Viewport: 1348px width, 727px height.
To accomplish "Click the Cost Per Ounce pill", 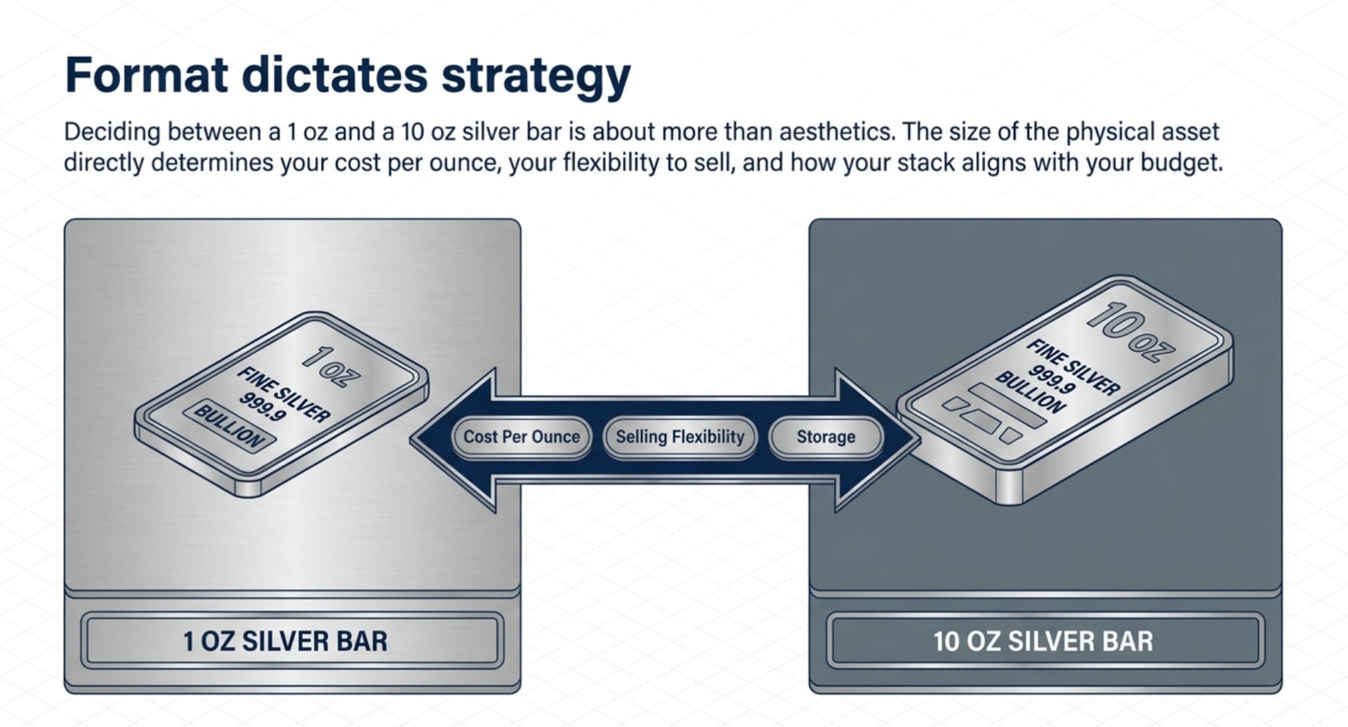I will [x=522, y=437].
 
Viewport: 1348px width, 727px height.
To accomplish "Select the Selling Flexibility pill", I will [x=680, y=437].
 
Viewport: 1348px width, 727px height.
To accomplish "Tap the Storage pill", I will [x=826, y=437].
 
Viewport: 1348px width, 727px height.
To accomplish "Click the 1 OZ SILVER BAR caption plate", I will [x=291, y=641].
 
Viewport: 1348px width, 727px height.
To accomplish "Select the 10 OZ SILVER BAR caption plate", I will [x=1044, y=641].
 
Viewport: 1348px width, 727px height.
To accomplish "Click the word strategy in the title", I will [x=536, y=76].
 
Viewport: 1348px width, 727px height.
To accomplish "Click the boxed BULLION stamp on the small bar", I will [x=230, y=426].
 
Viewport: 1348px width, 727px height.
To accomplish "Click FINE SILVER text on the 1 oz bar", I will [x=284, y=394].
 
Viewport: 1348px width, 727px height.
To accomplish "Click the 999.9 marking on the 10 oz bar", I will [x=1051, y=379].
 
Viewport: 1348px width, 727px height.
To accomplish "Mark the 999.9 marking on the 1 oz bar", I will [x=262, y=407].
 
